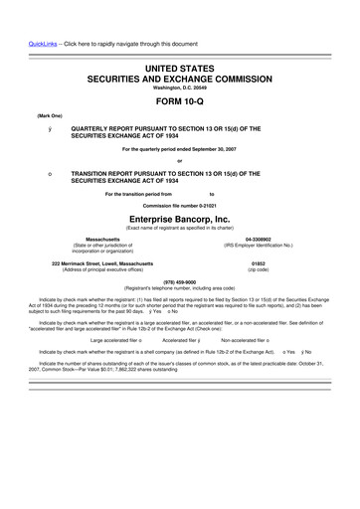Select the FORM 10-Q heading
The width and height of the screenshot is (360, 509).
(179, 101)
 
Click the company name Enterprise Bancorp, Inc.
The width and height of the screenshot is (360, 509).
(179, 217)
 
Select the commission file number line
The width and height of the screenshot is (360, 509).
(179, 205)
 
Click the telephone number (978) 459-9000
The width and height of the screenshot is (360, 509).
(179, 281)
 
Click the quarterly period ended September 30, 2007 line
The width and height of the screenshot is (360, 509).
(179, 148)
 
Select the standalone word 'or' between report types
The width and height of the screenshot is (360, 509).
(179, 160)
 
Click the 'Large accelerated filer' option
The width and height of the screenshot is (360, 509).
(114, 339)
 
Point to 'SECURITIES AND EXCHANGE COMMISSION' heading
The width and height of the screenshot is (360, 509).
(179, 77)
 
